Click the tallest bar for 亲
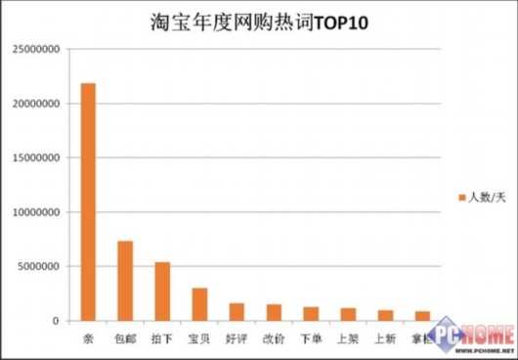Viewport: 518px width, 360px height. click(x=88, y=202)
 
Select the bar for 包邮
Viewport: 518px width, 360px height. click(x=125, y=281)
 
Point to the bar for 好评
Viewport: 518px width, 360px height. click(x=237, y=312)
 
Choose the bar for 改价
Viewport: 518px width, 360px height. click(x=274, y=312)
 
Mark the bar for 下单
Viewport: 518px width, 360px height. click(x=311, y=314)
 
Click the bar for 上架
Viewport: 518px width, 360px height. click(x=348, y=314)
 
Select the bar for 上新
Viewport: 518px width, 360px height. click(x=385, y=315)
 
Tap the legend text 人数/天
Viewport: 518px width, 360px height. click(x=486, y=199)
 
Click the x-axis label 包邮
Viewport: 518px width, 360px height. click(x=125, y=338)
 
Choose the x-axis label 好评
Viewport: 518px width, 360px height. click(x=237, y=338)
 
